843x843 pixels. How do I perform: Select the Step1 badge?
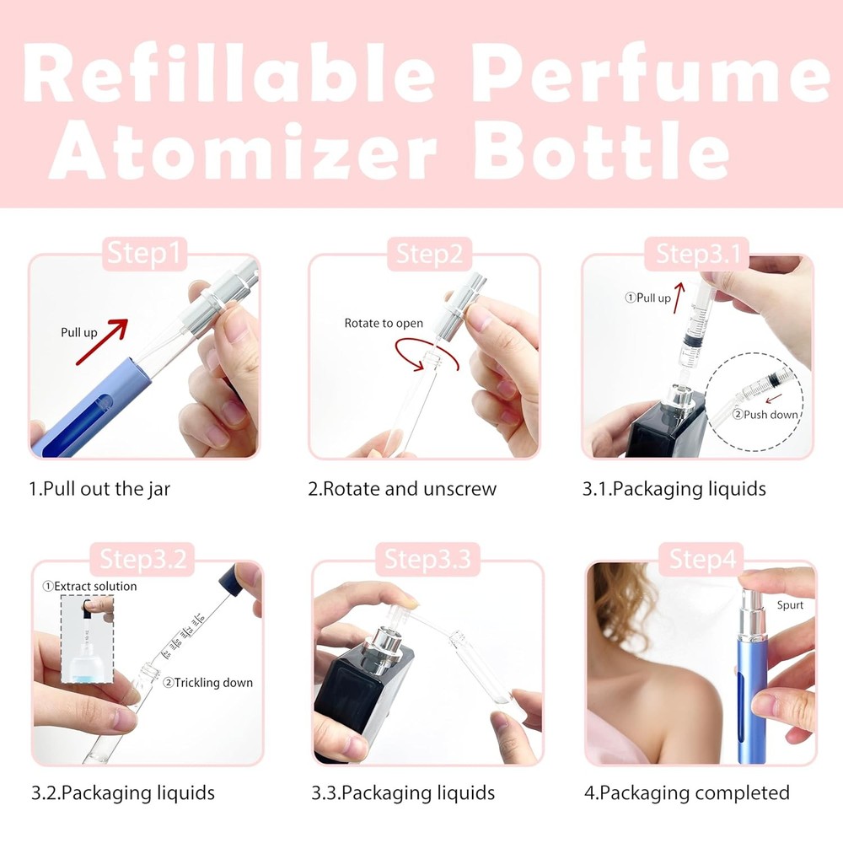(x=145, y=254)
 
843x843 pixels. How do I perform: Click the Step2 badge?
(x=429, y=254)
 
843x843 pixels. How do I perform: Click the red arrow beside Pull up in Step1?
(x=101, y=341)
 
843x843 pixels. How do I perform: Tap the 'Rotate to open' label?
(x=384, y=323)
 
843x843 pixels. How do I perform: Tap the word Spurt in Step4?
(x=791, y=604)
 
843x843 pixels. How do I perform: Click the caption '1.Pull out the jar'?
(x=99, y=489)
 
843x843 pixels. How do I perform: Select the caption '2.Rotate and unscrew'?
(x=402, y=489)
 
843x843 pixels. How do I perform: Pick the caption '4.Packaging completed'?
(x=686, y=793)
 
